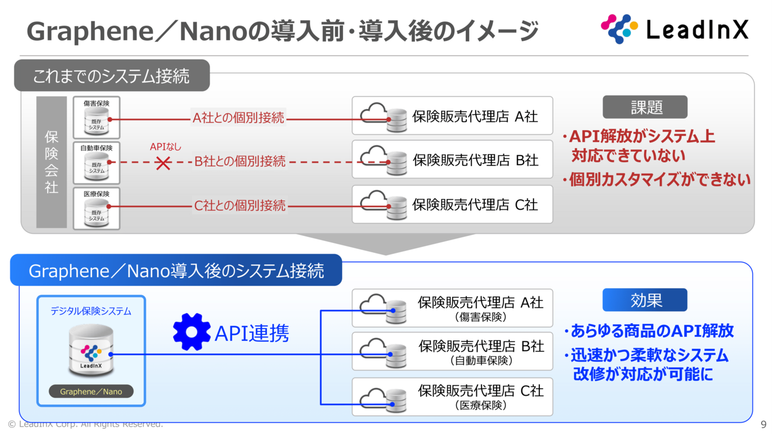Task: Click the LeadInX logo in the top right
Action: (675, 29)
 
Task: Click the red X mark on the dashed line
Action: (163, 163)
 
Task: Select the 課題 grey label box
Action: (645, 107)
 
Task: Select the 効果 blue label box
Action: (645, 300)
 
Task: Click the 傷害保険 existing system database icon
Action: (97, 123)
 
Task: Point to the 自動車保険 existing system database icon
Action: (97, 168)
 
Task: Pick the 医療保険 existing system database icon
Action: (97, 213)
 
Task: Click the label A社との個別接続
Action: (238, 118)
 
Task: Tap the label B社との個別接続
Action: (240, 161)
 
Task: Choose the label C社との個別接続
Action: (239, 205)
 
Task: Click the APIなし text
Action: (166, 147)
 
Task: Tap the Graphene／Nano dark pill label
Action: (91, 392)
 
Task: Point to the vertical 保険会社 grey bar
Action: (52, 162)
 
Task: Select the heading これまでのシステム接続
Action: (111, 76)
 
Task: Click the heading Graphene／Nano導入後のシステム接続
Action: (176, 271)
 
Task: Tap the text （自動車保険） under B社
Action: (481, 361)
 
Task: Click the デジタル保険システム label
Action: (91, 311)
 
